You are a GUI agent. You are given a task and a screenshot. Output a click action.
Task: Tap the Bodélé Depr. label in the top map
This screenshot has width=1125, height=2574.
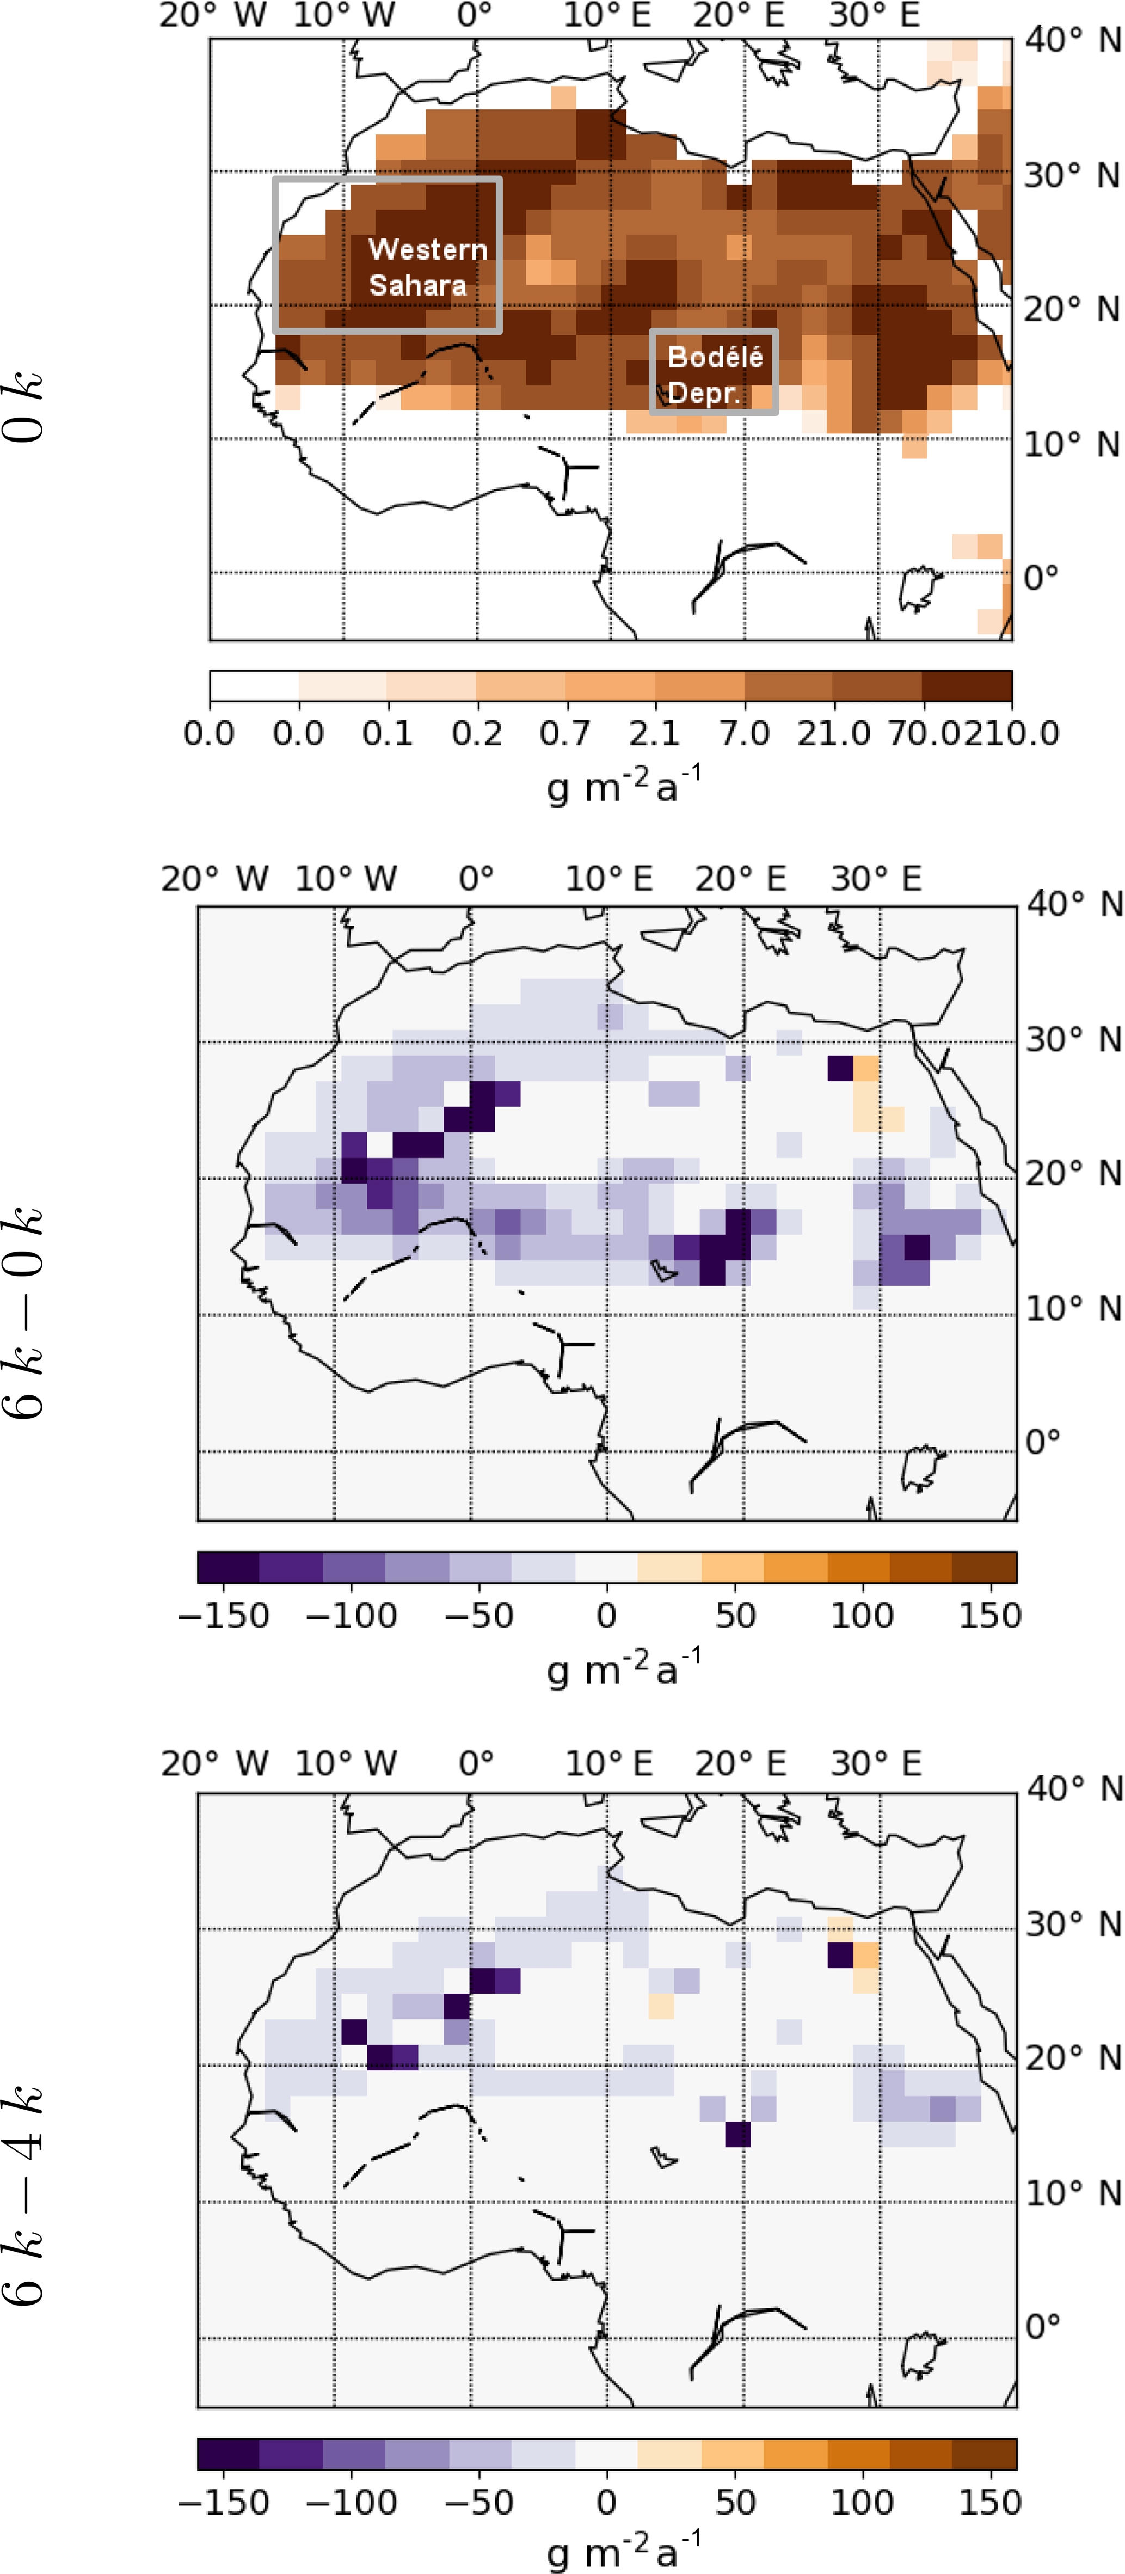pyautogui.click(x=715, y=373)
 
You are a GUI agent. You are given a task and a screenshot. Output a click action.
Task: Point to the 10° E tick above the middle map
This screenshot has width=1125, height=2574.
pyautogui.click(x=608, y=879)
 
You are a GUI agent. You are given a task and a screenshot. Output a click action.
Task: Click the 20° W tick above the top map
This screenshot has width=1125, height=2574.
pyautogui.click(x=213, y=16)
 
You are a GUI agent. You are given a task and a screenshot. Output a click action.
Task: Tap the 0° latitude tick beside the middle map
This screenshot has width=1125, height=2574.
pyautogui.click(x=1042, y=1441)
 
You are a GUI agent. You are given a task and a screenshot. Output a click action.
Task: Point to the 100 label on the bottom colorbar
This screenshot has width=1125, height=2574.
pyautogui.click(x=861, y=2501)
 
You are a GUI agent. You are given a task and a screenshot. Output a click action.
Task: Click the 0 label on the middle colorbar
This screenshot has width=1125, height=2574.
pyautogui.click(x=606, y=1616)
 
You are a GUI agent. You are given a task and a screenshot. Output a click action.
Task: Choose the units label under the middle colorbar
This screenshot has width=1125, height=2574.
pyautogui.click(x=623, y=1668)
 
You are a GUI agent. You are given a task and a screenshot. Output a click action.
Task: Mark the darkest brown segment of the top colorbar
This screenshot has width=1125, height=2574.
pyautogui.click(x=966, y=687)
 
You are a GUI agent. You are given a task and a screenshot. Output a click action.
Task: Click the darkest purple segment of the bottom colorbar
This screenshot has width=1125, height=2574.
pyautogui.click(x=229, y=2453)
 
